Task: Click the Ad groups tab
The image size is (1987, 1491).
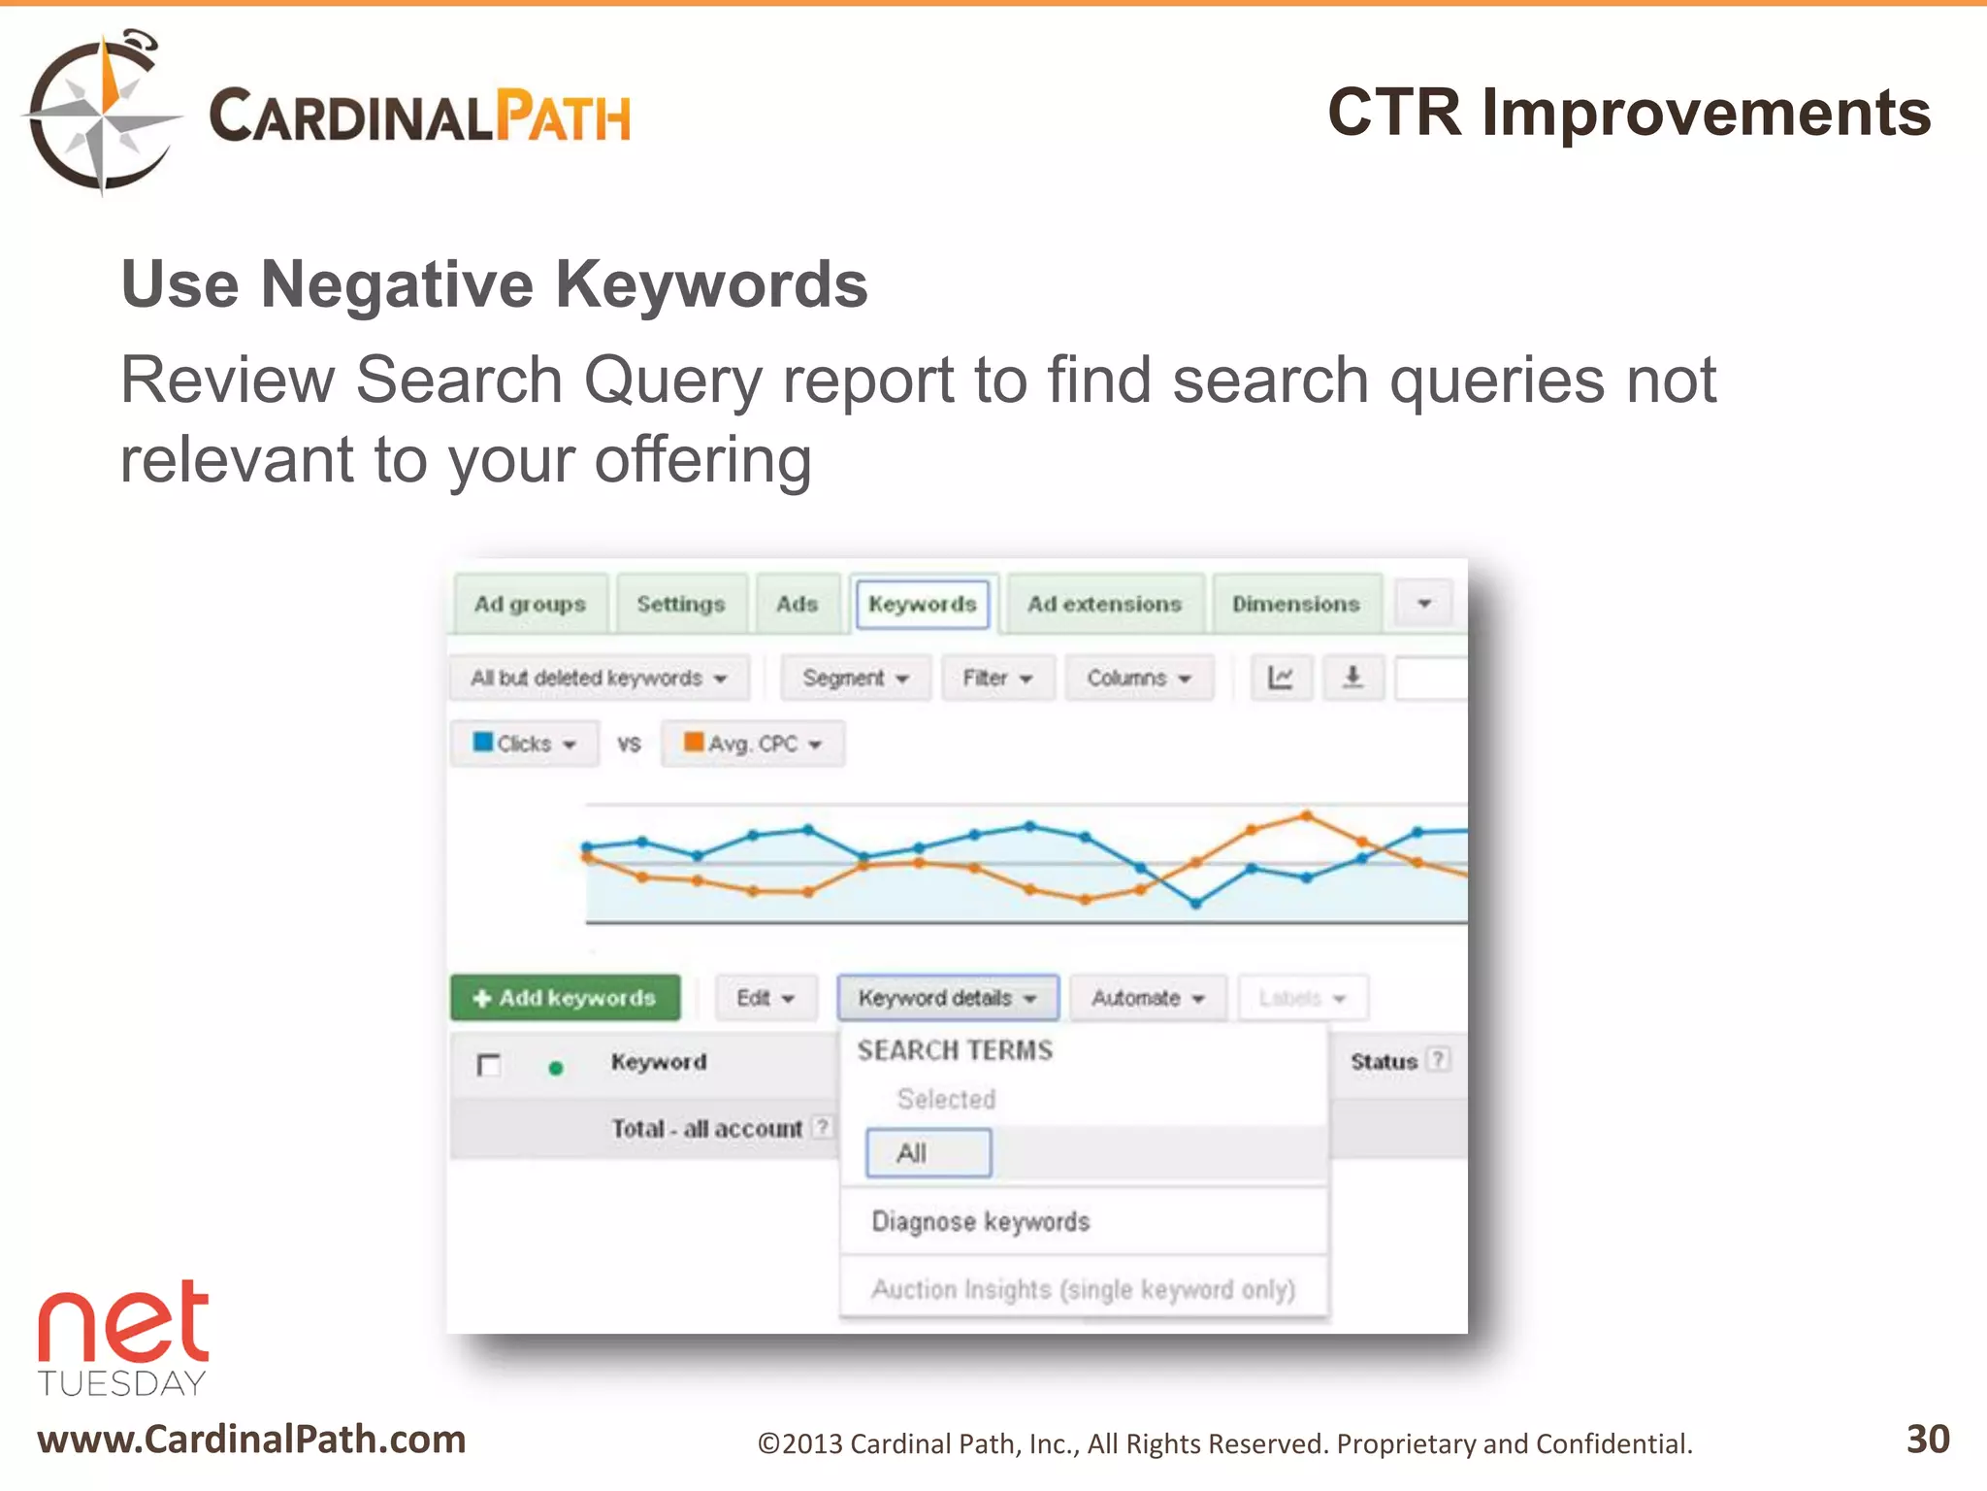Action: [x=530, y=604]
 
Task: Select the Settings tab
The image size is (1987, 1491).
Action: [x=680, y=604]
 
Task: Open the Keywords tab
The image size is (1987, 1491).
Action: [x=922, y=604]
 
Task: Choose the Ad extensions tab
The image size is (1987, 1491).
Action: [x=1104, y=604]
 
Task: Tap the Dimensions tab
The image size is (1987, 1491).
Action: [x=1295, y=604]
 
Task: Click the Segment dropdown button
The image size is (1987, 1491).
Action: [x=855, y=678]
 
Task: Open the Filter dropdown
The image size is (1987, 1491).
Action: [x=996, y=678]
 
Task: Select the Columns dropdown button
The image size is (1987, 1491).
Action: [x=1138, y=678]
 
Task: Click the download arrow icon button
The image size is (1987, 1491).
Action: [x=1352, y=678]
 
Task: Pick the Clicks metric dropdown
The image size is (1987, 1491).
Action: [x=524, y=744]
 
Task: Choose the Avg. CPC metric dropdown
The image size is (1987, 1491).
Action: [x=752, y=744]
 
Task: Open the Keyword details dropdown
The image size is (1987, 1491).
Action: [x=947, y=998]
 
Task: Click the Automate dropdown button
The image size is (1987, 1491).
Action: [x=1147, y=998]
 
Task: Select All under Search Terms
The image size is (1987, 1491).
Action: [x=928, y=1153]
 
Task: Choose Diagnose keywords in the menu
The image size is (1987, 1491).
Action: [x=980, y=1221]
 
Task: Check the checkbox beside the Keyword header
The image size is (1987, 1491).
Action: [x=489, y=1065]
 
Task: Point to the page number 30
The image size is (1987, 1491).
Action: [x=1928, y=1439]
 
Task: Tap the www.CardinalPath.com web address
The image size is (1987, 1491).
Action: [x=251, y=1440]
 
